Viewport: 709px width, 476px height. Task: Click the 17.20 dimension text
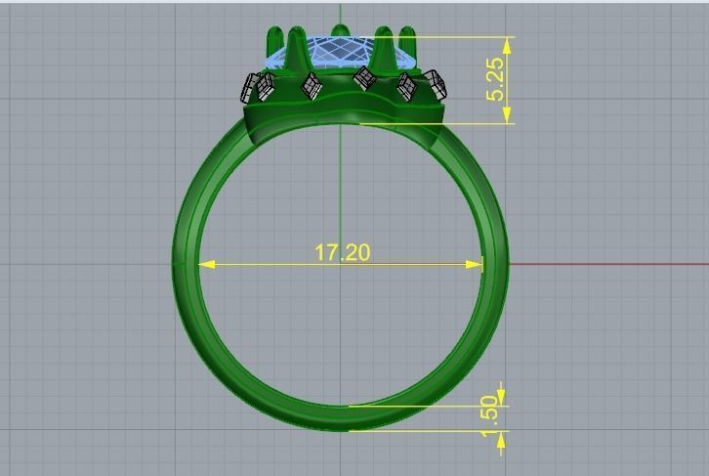(342, 252)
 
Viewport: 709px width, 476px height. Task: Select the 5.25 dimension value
(496, 79)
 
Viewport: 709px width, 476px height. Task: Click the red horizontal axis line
(605, 264)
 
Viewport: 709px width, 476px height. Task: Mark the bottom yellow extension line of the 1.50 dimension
(420, 430)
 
